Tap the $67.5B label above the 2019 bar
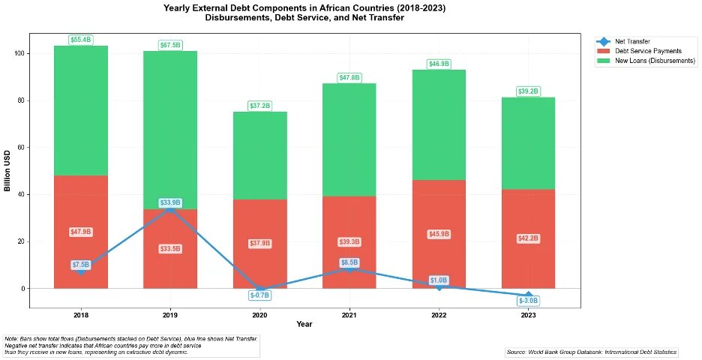coord(170,46)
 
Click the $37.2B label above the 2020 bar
coord(259,106)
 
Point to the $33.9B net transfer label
coord(170,202)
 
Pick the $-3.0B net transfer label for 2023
coord(528,301)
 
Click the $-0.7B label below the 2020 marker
coord(259,295)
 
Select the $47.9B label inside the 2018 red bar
coord(81,232)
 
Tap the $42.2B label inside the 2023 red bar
coord(528,238)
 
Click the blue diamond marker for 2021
coord(349,268)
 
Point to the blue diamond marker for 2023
coord(528,295)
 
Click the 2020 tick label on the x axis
coord(259,314)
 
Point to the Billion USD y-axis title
coord(7,171)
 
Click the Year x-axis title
coord(304,324)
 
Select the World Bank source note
coord(591,351)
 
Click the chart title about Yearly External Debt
coord(304,12)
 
